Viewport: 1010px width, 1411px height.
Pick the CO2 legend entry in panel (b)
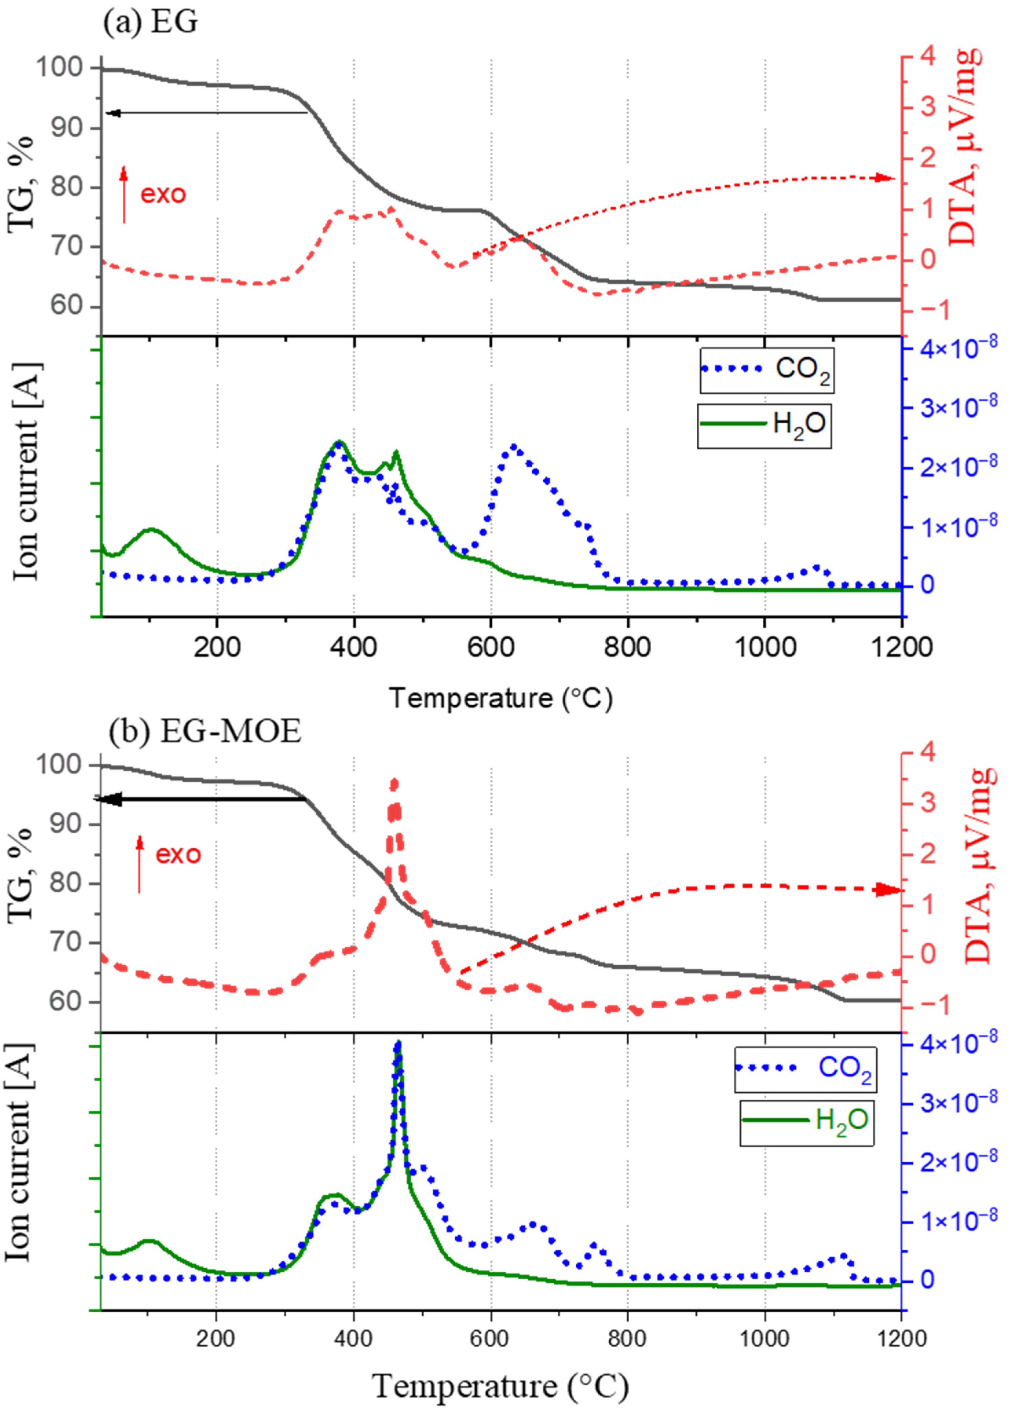[805, 1068]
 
